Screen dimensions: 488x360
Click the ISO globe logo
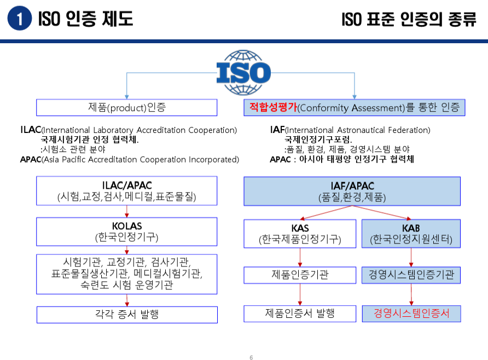click(x=244, y=72)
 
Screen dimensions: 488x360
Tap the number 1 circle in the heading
click(x=20, y=20)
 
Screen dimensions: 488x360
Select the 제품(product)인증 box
click(x=126, y=107)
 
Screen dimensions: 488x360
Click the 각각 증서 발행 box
click(x=126, y=314)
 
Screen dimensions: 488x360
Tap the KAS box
click(x=300, y=233)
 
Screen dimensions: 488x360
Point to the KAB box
click(x=411, y=233)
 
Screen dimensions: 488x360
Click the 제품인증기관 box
click(x=300, y=275)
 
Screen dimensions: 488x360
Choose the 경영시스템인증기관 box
click(x=411, y=275)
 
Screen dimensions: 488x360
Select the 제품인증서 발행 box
click(x=300, y=313)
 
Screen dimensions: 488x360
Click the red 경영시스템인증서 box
click(x=411, y=313)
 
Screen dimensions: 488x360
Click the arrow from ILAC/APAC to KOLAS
click(x=127, y=211)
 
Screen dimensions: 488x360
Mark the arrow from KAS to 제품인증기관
click(x=300, y=257)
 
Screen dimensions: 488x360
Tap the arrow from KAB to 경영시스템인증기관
click(x=411, y=257)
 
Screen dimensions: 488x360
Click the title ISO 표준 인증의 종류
click(x=409, y=20)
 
